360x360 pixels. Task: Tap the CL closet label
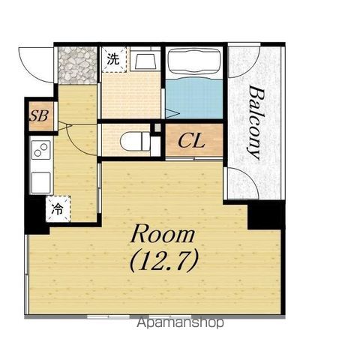191,141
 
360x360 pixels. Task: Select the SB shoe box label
39,115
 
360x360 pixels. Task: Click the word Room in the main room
163,234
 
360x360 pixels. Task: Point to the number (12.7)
164,261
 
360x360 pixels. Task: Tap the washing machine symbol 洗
114,59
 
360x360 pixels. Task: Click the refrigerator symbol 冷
58,209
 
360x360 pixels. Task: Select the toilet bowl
135,142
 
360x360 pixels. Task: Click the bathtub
194,61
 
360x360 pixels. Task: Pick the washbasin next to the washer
145,61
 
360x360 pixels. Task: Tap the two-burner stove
41,150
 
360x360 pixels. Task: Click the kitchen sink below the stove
41,183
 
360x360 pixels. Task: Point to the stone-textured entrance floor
77,65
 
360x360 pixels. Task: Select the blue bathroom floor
194,99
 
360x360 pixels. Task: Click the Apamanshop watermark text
180,322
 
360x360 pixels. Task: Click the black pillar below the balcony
266,215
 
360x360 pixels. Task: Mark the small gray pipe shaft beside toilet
157,128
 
